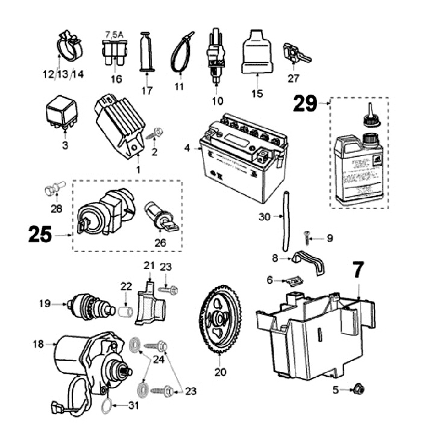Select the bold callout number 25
pos(40,234)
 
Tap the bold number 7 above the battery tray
pos(359,270)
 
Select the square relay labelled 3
pos(61,115)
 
